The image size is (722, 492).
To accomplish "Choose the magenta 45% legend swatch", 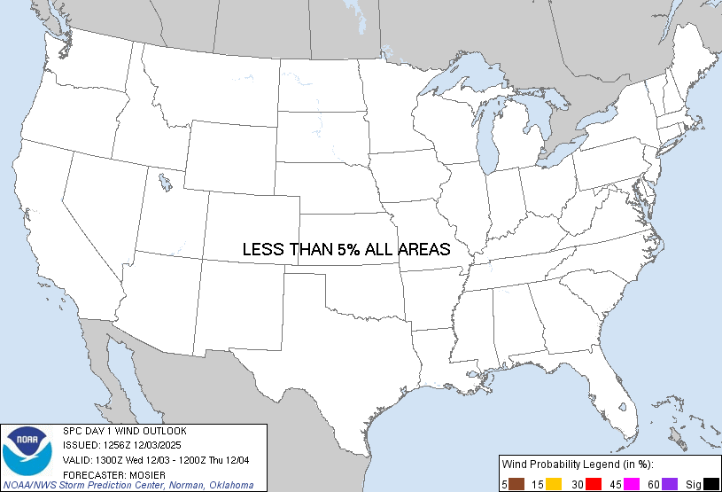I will coord(633,483).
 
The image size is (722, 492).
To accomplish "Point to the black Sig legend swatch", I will coord(710,483).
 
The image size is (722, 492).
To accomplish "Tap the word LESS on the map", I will coord(263,250).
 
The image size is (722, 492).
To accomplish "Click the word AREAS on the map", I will coord(423,250).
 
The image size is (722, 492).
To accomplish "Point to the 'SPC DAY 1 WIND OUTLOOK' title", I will coord(124,431).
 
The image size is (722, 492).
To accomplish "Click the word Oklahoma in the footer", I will coord(232,485).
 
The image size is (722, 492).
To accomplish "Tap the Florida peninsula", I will coord(611,390).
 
